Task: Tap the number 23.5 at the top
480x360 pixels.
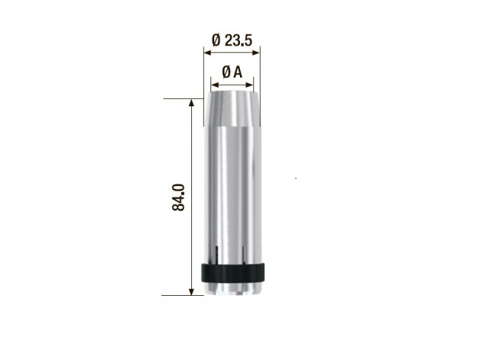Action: (239, 41)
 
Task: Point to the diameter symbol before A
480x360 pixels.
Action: (226, 72)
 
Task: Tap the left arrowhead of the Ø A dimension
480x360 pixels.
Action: (213, 83)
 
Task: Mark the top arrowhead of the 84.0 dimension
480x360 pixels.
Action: (193, 103)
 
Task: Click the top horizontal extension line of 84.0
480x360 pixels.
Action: (184, 98)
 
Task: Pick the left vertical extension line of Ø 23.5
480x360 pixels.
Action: (203, 70)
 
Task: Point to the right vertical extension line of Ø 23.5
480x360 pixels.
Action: (262, 70)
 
